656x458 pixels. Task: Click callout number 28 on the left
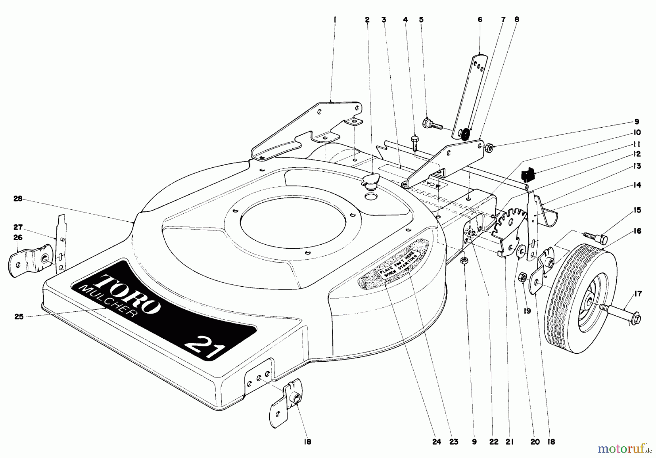pyautogui.click(x=18, y=199)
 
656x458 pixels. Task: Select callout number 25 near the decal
pyautogui.click(x=19, y=317)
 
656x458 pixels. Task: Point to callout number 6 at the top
pyautogui.click(x=480, y=20)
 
